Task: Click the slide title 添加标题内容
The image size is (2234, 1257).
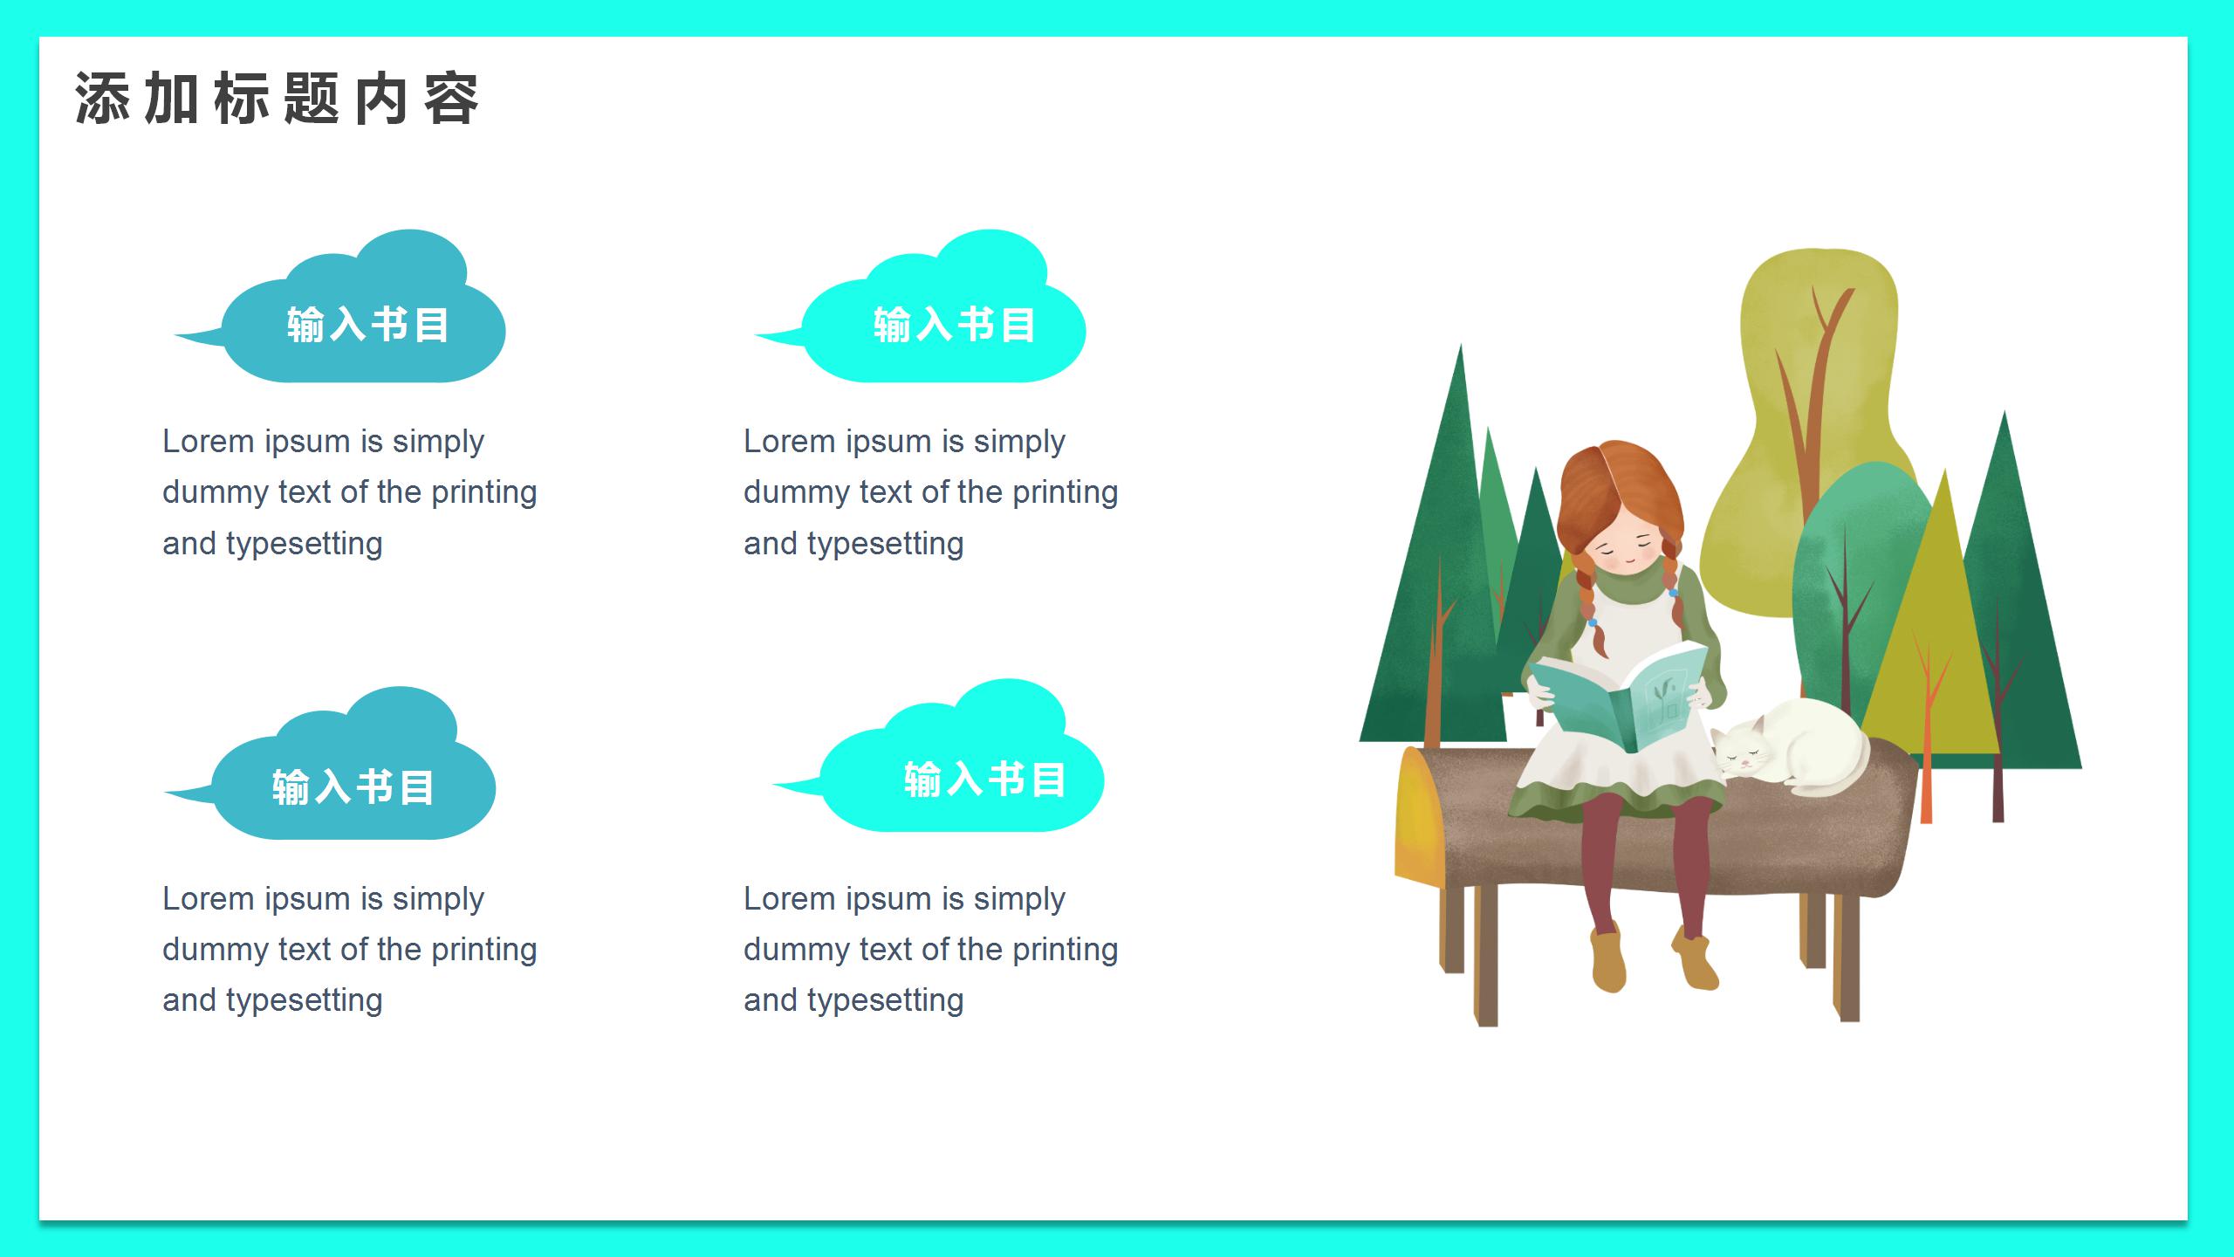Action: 277,99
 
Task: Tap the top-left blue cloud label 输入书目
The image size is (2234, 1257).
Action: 367,325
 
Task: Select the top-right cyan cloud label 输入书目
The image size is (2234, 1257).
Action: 954,325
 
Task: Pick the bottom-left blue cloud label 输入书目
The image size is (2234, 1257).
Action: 353,786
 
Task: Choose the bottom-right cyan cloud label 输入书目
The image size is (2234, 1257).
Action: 984,779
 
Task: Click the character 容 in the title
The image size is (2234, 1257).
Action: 452,99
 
